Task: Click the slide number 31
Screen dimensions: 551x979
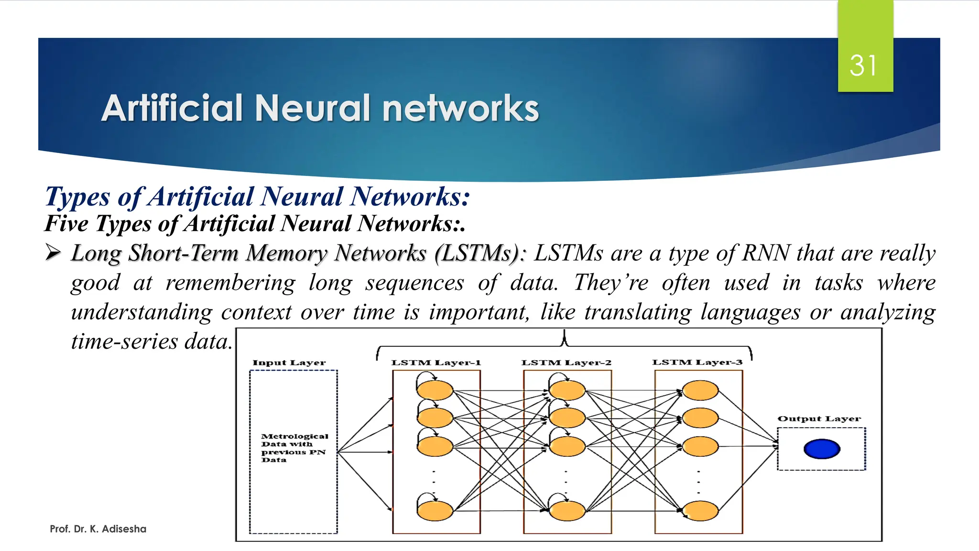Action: tap(863, 66)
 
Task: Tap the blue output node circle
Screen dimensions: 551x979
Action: tap(822, 449)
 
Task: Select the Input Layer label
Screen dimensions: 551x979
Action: tap(289, 363)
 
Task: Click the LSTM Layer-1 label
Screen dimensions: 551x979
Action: tap(435, 363)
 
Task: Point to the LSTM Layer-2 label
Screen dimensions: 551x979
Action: tap(566, 363)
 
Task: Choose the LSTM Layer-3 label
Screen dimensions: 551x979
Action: tap(697, 362)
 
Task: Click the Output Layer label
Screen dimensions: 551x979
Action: tap(819, 419)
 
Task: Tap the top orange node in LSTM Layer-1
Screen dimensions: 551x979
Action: tap(435, 390)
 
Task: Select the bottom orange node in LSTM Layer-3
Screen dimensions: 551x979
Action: tap(700, 511)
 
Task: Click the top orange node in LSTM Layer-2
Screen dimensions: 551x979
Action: tap(567, 390)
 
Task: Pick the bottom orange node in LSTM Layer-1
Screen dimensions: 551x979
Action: tap(435, 511)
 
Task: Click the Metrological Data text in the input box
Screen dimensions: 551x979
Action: tap(294, 448)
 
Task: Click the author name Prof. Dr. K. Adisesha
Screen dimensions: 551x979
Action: tap(98, 529)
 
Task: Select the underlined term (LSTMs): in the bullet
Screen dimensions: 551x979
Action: tap(479, 253)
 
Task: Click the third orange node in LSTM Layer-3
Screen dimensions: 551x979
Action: tap(700, 446)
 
